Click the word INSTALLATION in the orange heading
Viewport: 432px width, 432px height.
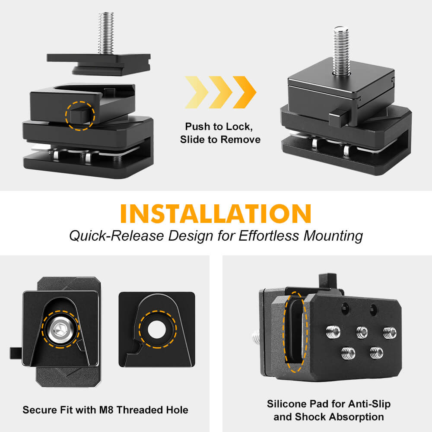216,213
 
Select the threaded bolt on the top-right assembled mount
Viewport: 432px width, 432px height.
341,50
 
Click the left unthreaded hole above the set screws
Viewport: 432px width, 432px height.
345,308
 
